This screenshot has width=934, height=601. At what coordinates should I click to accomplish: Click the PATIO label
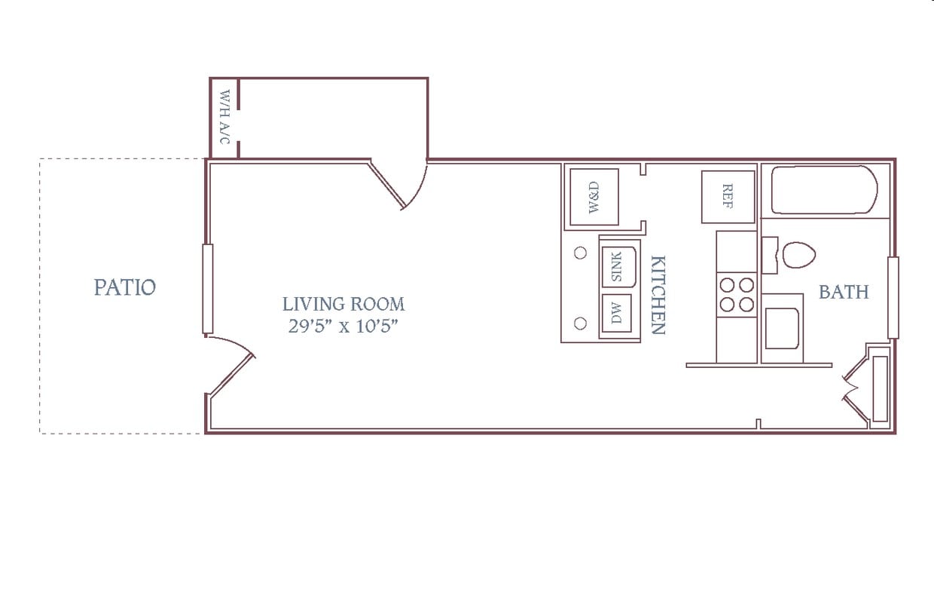[125, 287]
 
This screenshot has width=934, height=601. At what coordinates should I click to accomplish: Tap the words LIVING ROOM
[343, 304]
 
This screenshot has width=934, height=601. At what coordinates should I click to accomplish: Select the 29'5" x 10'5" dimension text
[343, 326]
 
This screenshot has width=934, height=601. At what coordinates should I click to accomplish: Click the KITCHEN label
[658, 295]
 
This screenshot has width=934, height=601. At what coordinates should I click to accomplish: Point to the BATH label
[844, 292]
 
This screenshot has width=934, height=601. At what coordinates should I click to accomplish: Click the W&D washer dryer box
[594, 197]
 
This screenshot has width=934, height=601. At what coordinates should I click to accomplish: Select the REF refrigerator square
[728, 197]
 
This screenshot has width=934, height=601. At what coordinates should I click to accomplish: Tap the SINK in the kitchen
[619, 267]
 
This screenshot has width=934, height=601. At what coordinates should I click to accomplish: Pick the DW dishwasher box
[617, 314]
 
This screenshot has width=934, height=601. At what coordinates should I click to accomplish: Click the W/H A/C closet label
[224, 117]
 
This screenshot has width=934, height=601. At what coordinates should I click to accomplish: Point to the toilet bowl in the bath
[798, 255]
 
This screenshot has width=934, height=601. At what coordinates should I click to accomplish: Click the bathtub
[824, 190]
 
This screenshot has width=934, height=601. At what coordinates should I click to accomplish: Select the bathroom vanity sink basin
[782, 329]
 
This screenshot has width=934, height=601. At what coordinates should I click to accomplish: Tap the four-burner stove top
[737, 295]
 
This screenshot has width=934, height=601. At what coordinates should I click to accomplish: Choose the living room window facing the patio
[208, 289]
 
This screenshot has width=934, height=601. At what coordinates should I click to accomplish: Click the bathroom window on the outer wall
[893, 298]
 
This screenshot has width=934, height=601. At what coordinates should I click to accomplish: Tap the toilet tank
[770, 256]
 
